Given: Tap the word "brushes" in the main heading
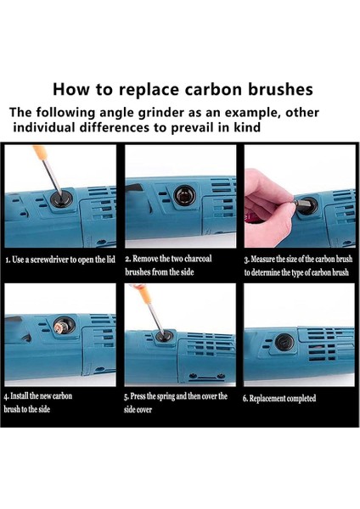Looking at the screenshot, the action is point(280,89).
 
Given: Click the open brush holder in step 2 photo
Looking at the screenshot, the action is point(184,196).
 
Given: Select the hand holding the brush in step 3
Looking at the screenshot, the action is point(269,208).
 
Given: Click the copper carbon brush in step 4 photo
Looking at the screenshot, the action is point(61,326).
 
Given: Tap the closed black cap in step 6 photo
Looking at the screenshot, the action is point(285,342).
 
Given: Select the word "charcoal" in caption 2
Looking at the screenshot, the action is point(198,259).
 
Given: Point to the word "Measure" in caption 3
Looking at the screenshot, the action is point(261,259).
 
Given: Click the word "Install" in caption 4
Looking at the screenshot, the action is point(20,396).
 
